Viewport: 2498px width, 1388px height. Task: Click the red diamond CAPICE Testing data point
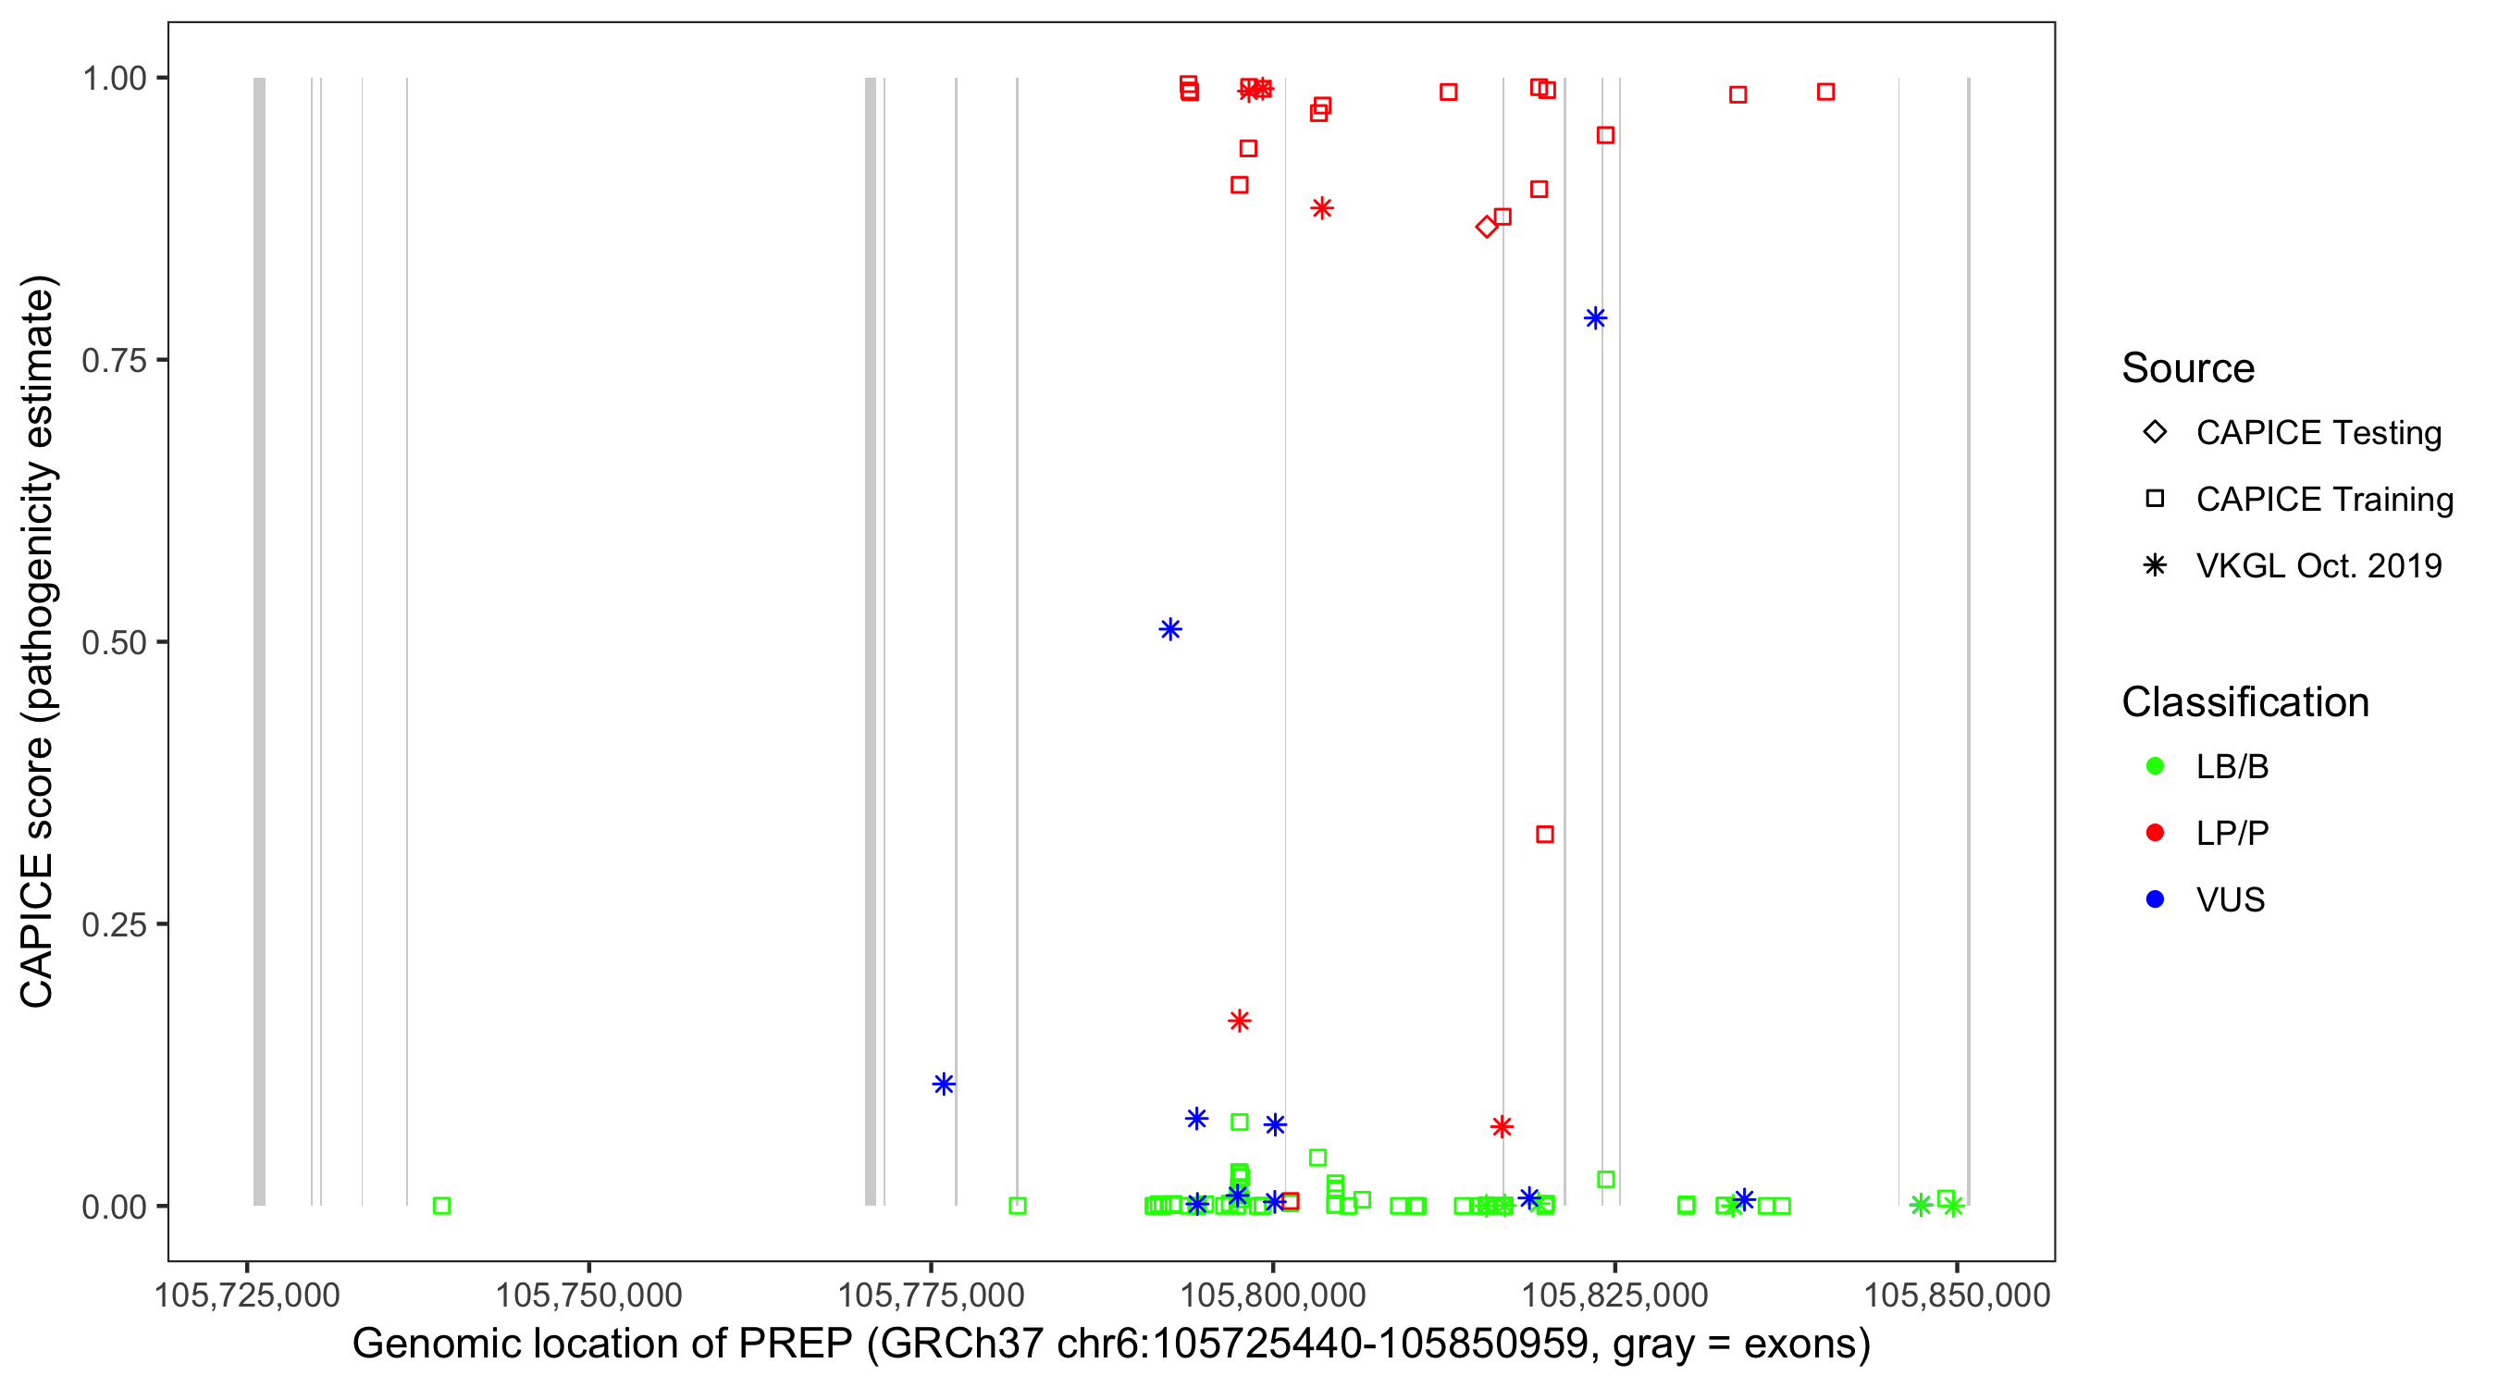pyautogui.click(x=1486, y=227)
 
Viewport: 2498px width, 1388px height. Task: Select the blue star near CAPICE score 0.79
pyautogui.click(x=1595, y=318)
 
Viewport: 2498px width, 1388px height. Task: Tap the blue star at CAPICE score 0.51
pyautogui.click(x=1170, y=629)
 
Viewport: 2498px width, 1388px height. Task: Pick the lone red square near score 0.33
pyautogui.click(x=1545, y=834)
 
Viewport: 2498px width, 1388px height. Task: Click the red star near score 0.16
pyautogui.click(x=1240, y=1021)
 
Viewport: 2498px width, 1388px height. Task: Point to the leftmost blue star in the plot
pyautogui.click(x=944, y=1084)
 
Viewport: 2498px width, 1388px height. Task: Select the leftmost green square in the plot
pyautogui.click(x=441, y=1206)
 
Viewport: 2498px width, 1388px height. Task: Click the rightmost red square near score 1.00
pyautogui.click(x=1826, y=93)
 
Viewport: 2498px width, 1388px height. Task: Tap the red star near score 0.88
pyautogui.click(x=1322, y=208)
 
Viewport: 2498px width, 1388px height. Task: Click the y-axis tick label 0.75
pyautogui.click(x=114, y=361)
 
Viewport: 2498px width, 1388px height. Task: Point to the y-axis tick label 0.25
pyautogui.click(x=114, y=924)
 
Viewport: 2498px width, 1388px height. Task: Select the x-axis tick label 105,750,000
pyautogui.click(x=588, y=1295)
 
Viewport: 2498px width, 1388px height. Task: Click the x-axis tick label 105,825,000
pyautogui.click(x=1614, y=1295)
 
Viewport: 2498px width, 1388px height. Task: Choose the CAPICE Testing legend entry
pyautogui.click(x=2318, y=433)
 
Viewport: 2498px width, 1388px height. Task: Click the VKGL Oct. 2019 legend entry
pyautogui.click(x=2318, y=565)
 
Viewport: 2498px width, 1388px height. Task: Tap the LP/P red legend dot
pyautogui.click(x=2155, y=833)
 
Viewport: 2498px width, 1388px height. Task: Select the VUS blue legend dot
pyautogui.click(x=2155, y=899)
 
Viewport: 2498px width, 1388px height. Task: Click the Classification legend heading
pyautogui.click(x=2244, y=702)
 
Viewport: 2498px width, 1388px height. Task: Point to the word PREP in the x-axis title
pyautogui.click(x=795, y=1345)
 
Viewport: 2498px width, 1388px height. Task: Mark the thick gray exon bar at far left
pyautogui.click(x=259, y=640)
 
